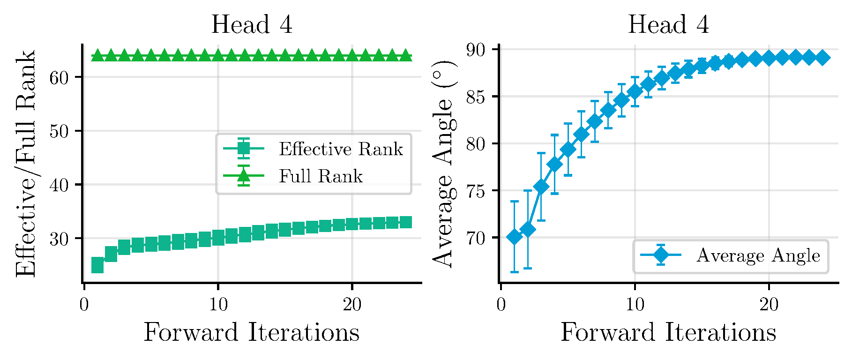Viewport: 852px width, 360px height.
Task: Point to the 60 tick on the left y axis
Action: [x=59, y=77]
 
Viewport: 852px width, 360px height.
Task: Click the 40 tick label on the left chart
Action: [x=59, y=185]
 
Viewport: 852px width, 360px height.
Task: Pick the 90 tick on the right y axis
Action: [x=476, y=50]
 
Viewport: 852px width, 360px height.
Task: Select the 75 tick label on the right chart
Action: [x=476, y=191]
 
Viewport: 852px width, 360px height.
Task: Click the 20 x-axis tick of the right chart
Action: [x=769, y=305]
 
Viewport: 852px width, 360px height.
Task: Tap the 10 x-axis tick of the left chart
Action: [x=218, y=305]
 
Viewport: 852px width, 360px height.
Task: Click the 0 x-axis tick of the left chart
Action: [x=84, y=305]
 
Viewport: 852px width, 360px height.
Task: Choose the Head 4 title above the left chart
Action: [x=252, y=24]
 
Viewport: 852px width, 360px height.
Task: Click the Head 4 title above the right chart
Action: [x=668, y=24]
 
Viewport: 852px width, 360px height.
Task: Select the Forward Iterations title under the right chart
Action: [x=668, y=333]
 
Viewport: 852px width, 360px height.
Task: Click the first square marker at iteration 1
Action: [x=97, y=265]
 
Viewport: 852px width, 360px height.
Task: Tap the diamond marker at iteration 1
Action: [x=515, y=237]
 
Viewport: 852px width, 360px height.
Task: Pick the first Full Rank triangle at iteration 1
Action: [x=97, y=56]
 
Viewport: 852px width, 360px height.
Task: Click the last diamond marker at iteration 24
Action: [x=822, y=58]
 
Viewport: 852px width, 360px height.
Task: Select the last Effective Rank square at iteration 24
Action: [x=406, y=222]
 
